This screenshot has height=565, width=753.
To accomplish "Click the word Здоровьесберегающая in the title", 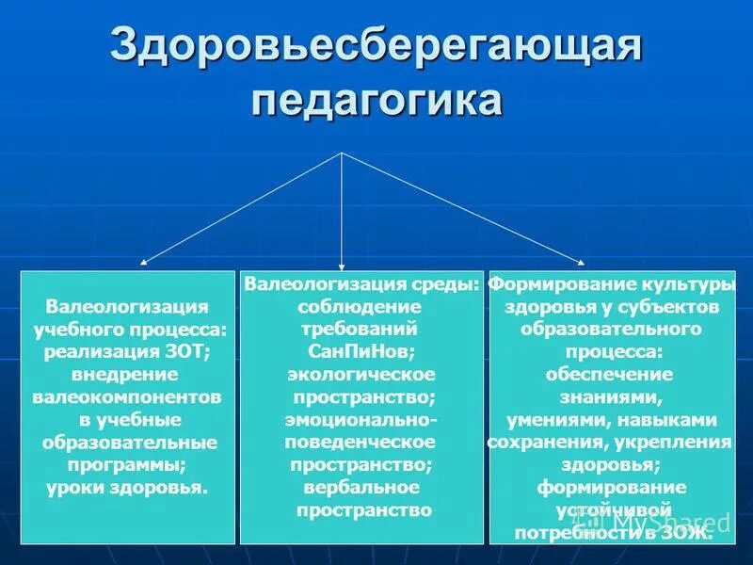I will (x=376, y=45).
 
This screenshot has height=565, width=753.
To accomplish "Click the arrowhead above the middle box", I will (x=343, y=266).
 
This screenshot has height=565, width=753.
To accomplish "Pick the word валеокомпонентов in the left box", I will (x=127, y=397).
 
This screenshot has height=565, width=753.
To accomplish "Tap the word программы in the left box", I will (x=127, y=465).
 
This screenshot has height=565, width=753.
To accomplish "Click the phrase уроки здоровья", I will (x=127, y=488).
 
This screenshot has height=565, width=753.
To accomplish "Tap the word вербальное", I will (x=361, y=488).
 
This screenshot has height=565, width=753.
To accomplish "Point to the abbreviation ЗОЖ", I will (x=687, y=533).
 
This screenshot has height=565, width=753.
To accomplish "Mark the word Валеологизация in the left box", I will (x=127, y=307).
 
